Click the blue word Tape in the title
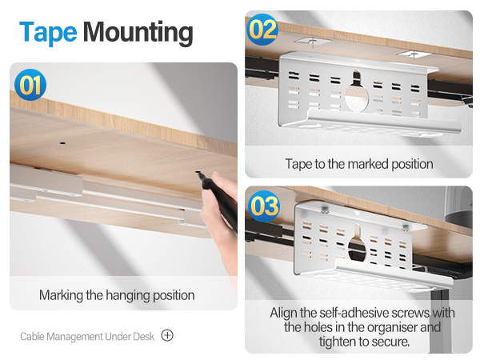48,32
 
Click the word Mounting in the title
138,32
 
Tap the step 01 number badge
30,85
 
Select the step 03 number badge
263,206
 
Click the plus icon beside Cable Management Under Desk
167,335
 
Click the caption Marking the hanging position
117,295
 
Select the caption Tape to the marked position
359,164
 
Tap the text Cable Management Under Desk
87,336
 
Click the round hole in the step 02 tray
357,94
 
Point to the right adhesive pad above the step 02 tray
413,54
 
